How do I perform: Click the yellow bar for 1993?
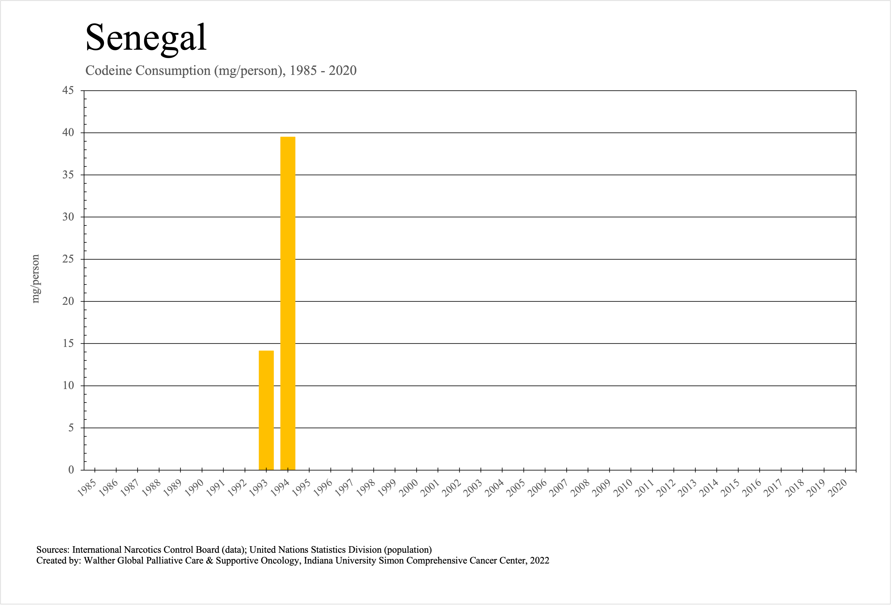click(266, 410)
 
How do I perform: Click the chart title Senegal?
click(146, 38)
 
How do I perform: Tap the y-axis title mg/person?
click(35, 279)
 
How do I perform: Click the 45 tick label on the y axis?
click(68, 91)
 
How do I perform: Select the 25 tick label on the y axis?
click(68, 259)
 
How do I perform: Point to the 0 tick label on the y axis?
click(71, 470)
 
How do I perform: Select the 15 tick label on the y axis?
click(68, 343)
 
